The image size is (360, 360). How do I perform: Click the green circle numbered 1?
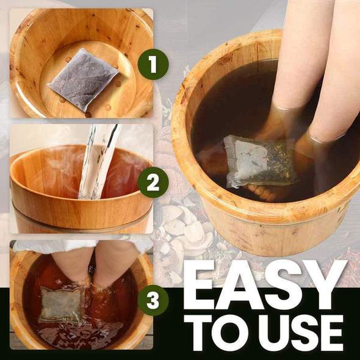click(153, 64)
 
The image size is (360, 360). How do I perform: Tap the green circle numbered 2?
click(153, 182)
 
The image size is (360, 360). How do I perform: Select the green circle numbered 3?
click(153, 300)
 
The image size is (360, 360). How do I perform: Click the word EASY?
click(265, 285)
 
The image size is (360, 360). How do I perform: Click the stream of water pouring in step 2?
click(99, 160)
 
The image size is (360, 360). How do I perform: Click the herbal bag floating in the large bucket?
click(259, 162)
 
